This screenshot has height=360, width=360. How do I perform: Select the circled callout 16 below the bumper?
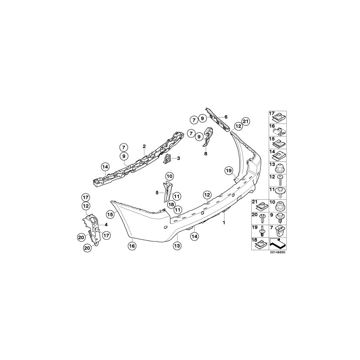pos(132,246)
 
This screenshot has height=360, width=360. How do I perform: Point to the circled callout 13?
pos(178,246)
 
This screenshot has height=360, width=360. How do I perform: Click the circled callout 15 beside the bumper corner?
pos(110,214)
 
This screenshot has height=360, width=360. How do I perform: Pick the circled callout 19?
pos(229,170)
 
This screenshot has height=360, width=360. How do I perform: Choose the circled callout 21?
pos(246,121)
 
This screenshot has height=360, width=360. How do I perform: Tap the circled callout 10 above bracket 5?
pos(170,176)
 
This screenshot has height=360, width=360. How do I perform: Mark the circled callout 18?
pos(171,204)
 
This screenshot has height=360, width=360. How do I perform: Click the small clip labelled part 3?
pos(168,159)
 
